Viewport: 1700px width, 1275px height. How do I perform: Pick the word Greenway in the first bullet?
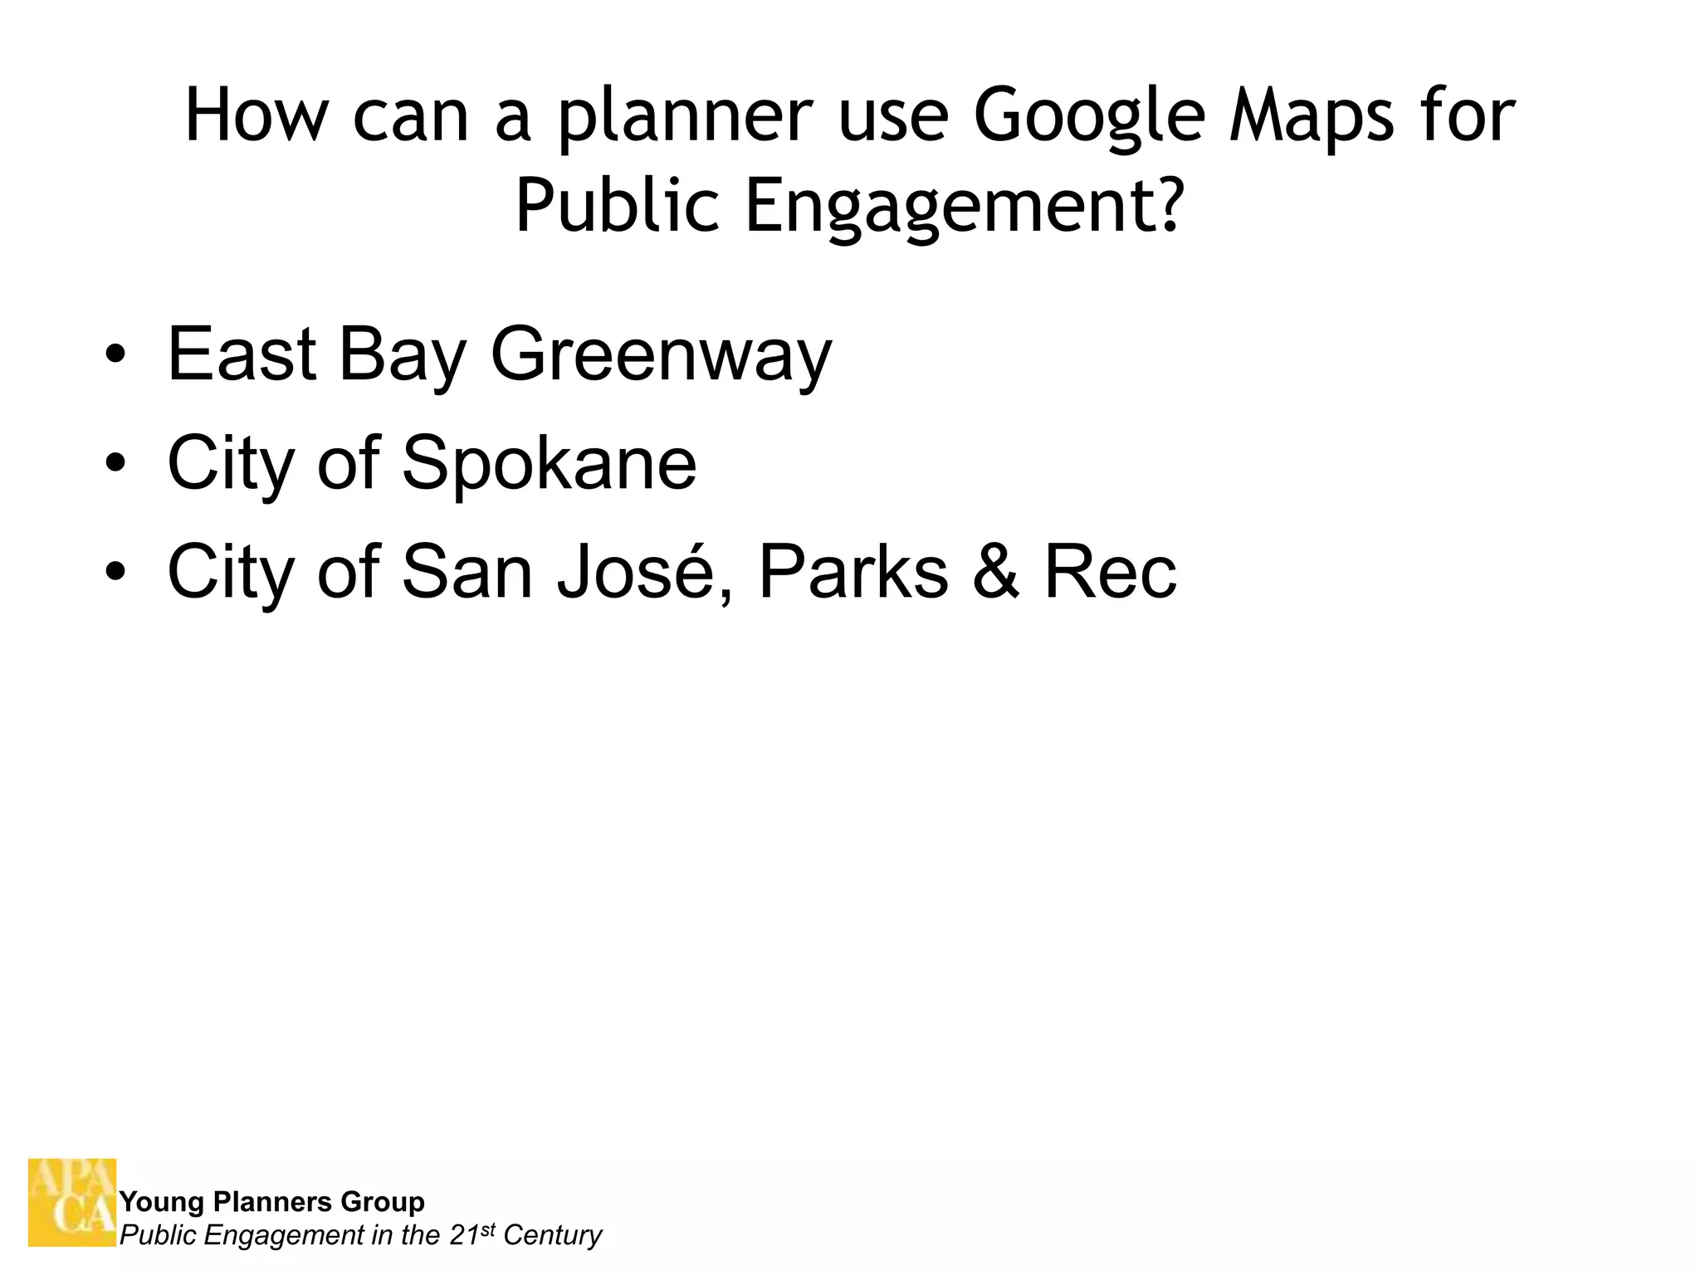click(x=661, y=355)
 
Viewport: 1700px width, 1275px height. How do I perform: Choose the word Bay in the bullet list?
click(x=403, y=355)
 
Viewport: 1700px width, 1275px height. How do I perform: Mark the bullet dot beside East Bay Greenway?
click(x=115, y=355)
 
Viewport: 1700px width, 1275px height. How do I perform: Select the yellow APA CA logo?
click(x=72, y=1202)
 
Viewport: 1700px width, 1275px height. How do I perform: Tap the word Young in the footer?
click(x=162, y=1201)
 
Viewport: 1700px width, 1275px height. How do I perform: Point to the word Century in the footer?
click(x=552, y=1235)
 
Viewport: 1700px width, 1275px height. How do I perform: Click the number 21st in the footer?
click(x=471, y=1234)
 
